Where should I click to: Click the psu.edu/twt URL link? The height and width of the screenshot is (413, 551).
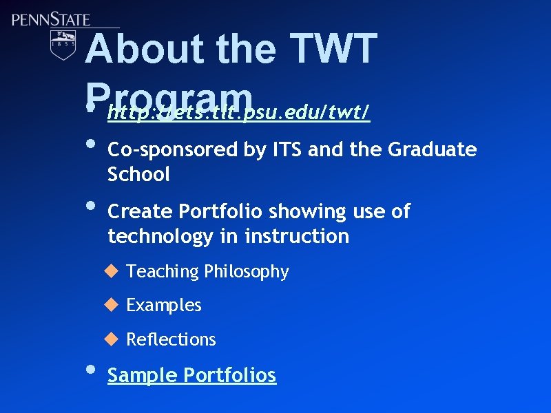pyautogui.click(x=238, y=112)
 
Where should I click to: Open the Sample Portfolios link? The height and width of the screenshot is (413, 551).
pyautogui.click(x=191, y=375)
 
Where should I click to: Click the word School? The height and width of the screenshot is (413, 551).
pyautogui.click(x=138, y=175)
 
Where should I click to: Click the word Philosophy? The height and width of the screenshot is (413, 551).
pyautogui.click(x=246, y=272)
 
